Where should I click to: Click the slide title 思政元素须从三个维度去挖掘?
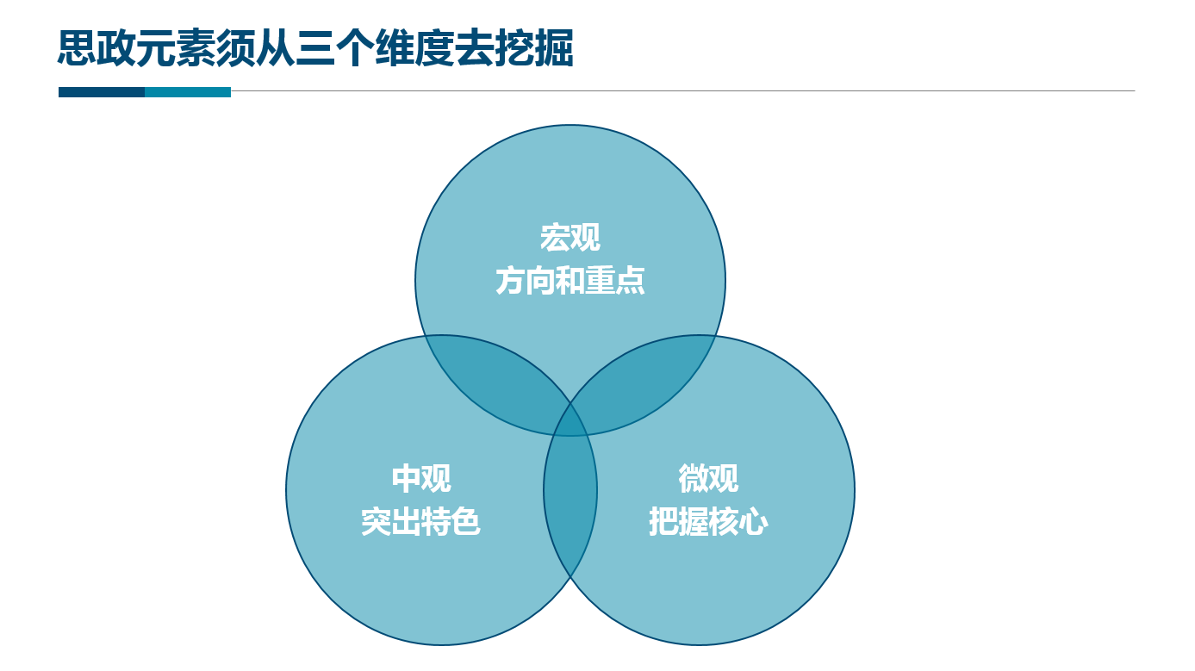(x=315, y=48)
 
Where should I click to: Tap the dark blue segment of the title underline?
(x=102, y=92)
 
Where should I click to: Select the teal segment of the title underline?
(x=188, y=92)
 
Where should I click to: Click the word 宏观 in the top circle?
(x=569, y=238)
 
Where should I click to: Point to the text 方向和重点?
(x=569, y=281)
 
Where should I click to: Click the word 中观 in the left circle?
(x=421, y=478)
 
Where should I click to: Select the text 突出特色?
(x=421, y=522)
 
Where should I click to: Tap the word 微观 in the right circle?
(x=708, y=478)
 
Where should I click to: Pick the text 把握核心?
(x=708, y=522)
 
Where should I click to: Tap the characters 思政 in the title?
(x=96, y=48)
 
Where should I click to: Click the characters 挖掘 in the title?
(x=534, y=48)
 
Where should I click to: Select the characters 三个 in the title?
(x=335, y=48)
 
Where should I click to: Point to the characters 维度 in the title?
(x=414, y=48)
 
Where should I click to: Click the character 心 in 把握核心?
(x=754, y=522)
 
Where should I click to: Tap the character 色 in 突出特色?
(x=466, y=522)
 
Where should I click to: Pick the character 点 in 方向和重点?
(x=631, y=281)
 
